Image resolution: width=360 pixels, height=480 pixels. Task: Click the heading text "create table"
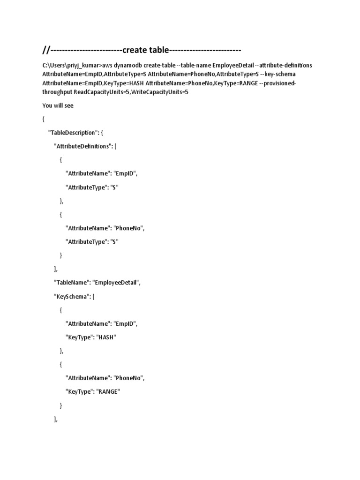pyautogui.click(x=145, y=50)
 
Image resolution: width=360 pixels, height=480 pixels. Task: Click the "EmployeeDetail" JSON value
pyautogui.click(x=116, y=283)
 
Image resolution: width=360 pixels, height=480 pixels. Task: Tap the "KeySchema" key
pyautogui.click(x=72, y=296)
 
